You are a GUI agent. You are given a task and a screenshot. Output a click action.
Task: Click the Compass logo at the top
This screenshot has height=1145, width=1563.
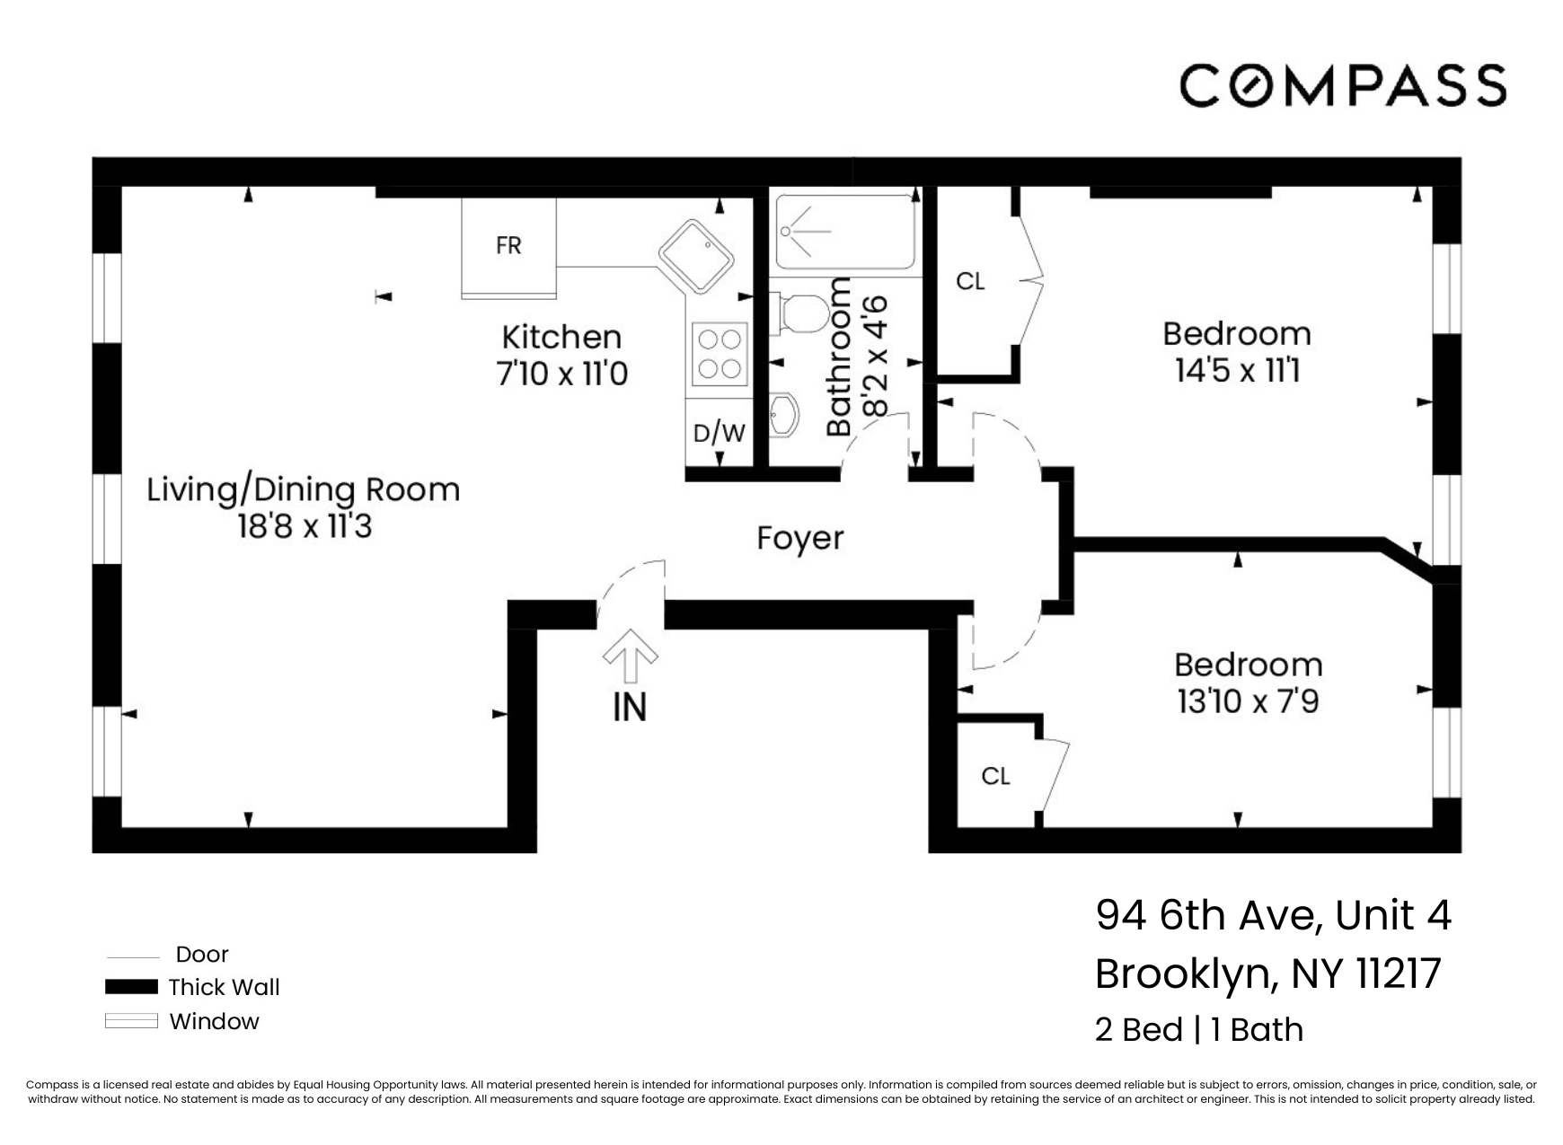[1342, 86]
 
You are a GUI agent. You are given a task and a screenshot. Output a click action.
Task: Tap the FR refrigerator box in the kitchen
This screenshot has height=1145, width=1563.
[508, 246]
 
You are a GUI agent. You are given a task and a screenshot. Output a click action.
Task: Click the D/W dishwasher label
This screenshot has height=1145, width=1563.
[719, 434]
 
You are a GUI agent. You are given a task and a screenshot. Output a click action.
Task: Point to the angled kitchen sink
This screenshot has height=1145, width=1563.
[695, 255]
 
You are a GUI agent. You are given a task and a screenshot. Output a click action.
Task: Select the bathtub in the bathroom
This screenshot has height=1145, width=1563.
[844, 233]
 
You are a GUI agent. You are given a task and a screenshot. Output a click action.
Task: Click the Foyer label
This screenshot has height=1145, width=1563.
[799, 539]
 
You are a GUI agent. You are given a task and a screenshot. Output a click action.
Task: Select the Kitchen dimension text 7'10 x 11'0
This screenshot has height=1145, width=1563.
[561, 373]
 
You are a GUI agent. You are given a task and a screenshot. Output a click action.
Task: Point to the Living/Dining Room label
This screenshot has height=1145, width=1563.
[303, 490]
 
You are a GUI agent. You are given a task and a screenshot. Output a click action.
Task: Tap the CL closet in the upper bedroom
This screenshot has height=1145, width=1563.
[970, 282]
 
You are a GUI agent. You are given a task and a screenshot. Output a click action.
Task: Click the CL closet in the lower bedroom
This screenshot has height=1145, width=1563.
[995, 776]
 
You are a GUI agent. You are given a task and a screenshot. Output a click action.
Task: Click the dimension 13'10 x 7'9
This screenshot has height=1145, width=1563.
[1248, 701]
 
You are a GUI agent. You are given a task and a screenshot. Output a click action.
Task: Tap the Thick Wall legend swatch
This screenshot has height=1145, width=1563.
[131, 987]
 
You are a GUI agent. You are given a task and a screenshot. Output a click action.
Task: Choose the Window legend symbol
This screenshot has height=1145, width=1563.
[131, 1021]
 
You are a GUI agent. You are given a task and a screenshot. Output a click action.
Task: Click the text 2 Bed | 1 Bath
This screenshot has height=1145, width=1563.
[1198, 1030]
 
